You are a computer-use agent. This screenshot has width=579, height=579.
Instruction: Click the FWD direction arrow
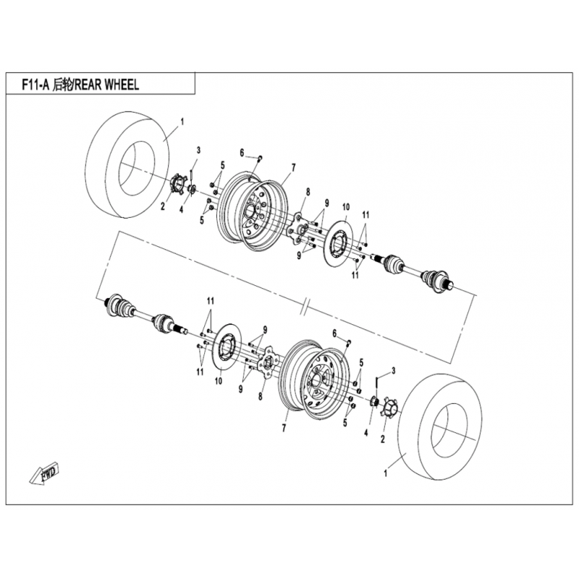(44, 473)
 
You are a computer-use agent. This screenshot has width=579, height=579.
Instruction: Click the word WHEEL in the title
(122, 85)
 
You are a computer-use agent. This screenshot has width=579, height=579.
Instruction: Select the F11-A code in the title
(35, 85)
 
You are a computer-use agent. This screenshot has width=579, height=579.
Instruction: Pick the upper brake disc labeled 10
(339, 243)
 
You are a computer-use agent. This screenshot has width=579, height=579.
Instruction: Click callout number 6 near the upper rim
(242, 153)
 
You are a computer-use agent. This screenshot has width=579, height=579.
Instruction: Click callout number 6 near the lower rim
(334, 334)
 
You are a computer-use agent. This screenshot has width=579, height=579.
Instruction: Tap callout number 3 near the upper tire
(198, 150)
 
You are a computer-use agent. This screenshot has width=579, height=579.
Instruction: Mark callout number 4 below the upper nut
(182, 209)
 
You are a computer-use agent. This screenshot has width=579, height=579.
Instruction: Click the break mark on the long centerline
(305, 310)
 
